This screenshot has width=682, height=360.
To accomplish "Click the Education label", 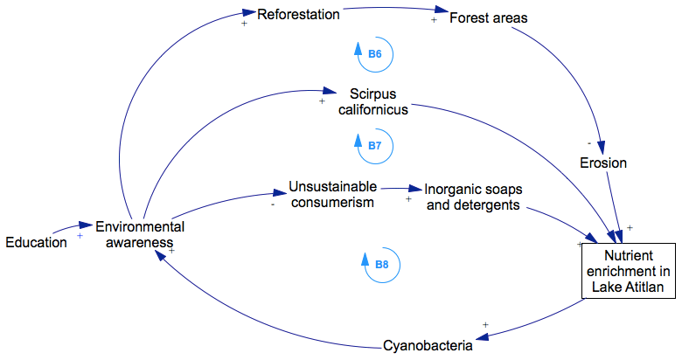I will pyautogui.click(x=36, y=242).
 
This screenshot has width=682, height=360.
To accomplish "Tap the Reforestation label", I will pyautogui.click(x=297, y=13).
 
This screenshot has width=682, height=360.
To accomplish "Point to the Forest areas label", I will pyautogui.click(x=488, y=17).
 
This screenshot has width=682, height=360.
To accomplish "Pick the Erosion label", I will pyautogui.click(x=603, y=163).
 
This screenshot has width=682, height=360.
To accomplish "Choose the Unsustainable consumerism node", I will pyautogui.click(x=332, y=194).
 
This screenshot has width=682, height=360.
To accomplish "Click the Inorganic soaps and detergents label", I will pyautogui.click(x=472, y=197).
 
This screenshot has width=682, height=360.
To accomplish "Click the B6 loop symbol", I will pyautogui.click(x=373, y=54).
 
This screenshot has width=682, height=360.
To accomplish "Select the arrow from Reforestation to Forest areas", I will pyautogui.click(x=393, y=12).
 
